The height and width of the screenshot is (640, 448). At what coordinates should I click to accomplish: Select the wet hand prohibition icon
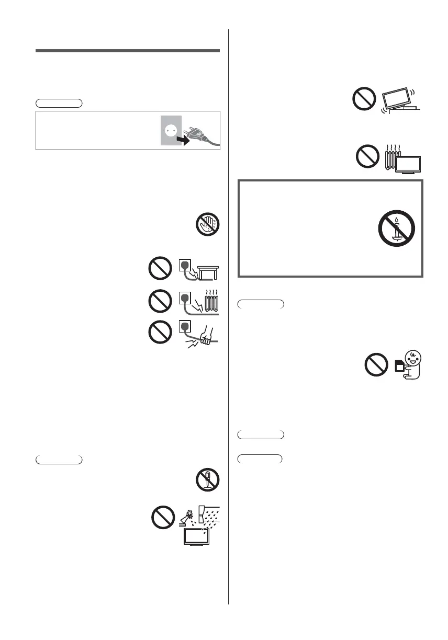tap(208, 225)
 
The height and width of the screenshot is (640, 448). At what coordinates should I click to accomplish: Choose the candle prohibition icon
tap(396, 230)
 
